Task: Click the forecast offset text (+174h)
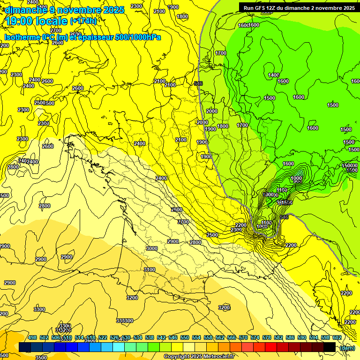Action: pos(83,21)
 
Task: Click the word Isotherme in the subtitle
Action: pos(22,37)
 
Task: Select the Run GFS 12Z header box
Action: pos(299,8)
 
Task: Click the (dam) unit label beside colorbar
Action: pos(347,348)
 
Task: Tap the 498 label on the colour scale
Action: pos(32,337)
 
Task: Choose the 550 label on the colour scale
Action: pos(185,337)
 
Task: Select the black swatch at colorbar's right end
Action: pos(330,347)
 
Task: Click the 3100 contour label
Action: pos(150,270)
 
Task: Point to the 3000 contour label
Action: pos(152,248)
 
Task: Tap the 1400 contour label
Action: pos(274,75)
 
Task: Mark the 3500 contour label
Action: pos(41,357)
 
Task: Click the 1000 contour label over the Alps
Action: pos(296,179)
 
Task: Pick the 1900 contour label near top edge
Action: pos(173,7)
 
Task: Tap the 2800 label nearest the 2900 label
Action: pos(195,242)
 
